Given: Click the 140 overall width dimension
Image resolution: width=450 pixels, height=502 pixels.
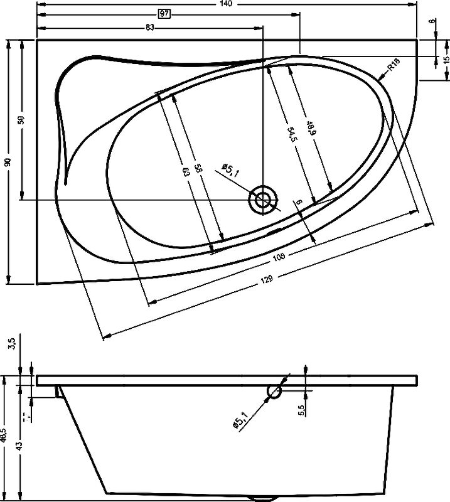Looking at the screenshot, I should click(227, 4).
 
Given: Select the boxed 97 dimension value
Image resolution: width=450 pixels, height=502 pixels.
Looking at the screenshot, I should click(166, 15).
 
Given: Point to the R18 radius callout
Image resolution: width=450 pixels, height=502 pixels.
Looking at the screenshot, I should click(394, 65).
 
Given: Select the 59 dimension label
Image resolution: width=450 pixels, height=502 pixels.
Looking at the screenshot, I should click(21, 120).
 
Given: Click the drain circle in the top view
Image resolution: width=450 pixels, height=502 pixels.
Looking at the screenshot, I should click(263, 200).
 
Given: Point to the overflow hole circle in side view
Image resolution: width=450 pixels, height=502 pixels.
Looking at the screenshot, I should click(274, 392).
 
